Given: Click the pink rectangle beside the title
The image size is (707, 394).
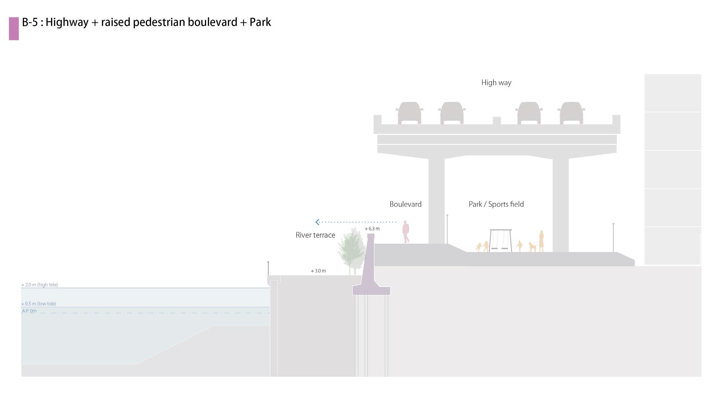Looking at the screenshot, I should point(14,28).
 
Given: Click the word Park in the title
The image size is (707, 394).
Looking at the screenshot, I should point(260,22).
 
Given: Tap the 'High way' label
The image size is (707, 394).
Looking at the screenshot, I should point(496,83).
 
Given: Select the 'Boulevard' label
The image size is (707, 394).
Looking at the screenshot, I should point(405,204).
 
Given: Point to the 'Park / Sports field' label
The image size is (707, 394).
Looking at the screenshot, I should point(496,204).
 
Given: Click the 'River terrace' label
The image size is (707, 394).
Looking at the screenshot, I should point(315,235).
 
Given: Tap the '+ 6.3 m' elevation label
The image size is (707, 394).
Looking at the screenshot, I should point(372,228).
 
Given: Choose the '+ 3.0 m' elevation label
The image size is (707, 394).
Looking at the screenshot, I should point(318,271).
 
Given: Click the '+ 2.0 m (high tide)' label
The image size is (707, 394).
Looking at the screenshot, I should point(40,285).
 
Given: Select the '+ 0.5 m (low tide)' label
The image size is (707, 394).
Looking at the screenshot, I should point(39,304).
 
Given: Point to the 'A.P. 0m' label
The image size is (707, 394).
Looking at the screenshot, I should point(29,311).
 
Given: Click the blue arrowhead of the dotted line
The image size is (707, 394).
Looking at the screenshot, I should point(317,222).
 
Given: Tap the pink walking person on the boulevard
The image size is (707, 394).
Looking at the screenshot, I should point(406,232).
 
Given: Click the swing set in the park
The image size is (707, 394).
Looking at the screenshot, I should point(501,241).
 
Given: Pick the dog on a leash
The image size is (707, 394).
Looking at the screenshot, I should point(532,247).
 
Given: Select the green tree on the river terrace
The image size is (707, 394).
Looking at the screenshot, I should point(352,250).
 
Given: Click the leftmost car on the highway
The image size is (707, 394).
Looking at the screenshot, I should point(409,113).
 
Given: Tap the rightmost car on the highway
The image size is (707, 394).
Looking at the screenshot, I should point(571,113).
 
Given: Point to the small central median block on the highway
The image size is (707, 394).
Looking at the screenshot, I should point(497,121).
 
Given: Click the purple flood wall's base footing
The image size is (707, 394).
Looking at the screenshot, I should point(372,291).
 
